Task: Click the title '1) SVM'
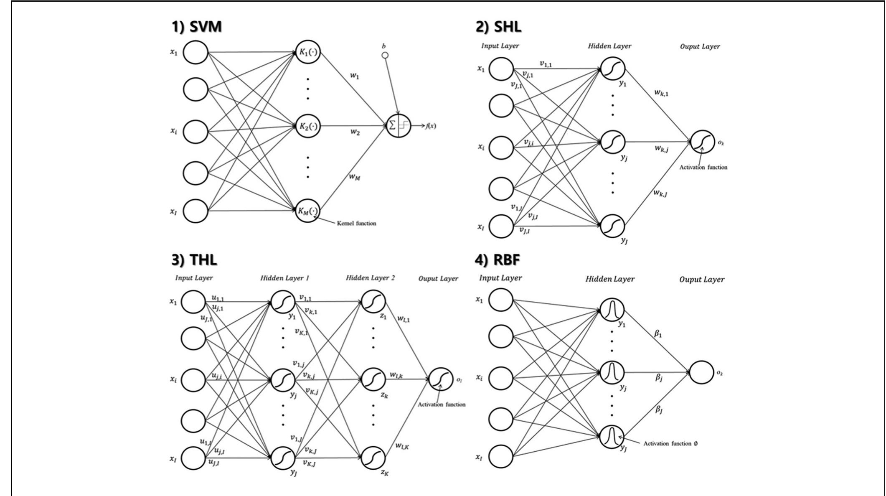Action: pos(196,27)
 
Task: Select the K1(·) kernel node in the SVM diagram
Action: pos(308,52)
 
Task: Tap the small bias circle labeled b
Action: pos(385,55)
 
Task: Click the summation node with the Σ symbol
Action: pos(398,125)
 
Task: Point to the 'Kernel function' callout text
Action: pos(356,224)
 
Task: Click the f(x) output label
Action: pos(431,126)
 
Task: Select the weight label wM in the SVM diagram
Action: pos(355,177)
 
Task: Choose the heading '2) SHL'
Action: pos(498,27)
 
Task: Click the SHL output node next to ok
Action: pos(703,142)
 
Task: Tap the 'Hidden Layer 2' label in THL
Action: pos(370,278)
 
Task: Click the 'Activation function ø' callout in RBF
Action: pos(670,443)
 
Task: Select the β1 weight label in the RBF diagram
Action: pos(658,334)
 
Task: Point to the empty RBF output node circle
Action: pos(701,372)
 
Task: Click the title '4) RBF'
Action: pos(497,259)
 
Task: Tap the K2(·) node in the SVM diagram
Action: pos(308,126)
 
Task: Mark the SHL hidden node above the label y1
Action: pos(613,69)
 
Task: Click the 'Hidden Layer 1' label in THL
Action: pos(284,278)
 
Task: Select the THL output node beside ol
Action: pos(441,379)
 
